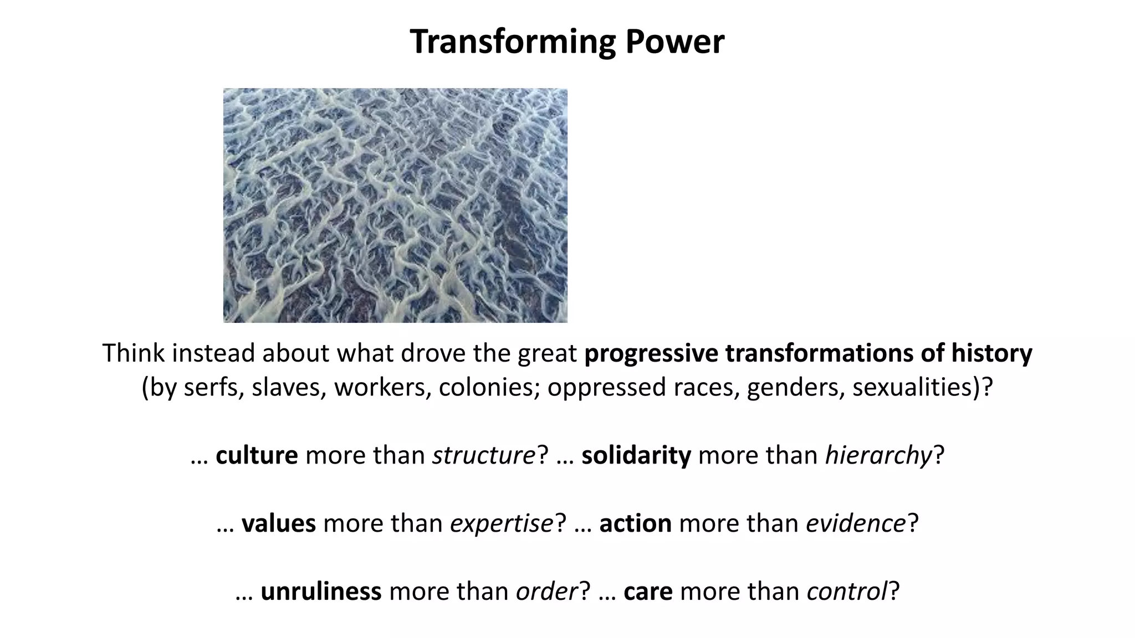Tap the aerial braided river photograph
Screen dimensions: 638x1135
395,205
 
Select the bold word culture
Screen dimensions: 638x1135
257,455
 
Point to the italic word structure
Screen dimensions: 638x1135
484,455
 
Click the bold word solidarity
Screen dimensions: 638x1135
636,455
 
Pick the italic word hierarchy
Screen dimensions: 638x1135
878,455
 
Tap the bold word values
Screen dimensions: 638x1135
279,523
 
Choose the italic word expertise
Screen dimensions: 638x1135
502,523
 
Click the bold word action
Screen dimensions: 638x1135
635,523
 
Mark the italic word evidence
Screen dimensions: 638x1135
856,523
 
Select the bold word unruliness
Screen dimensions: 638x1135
321,591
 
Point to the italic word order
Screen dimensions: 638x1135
547,591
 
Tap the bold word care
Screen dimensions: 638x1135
648,591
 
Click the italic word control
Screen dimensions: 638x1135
847,591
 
